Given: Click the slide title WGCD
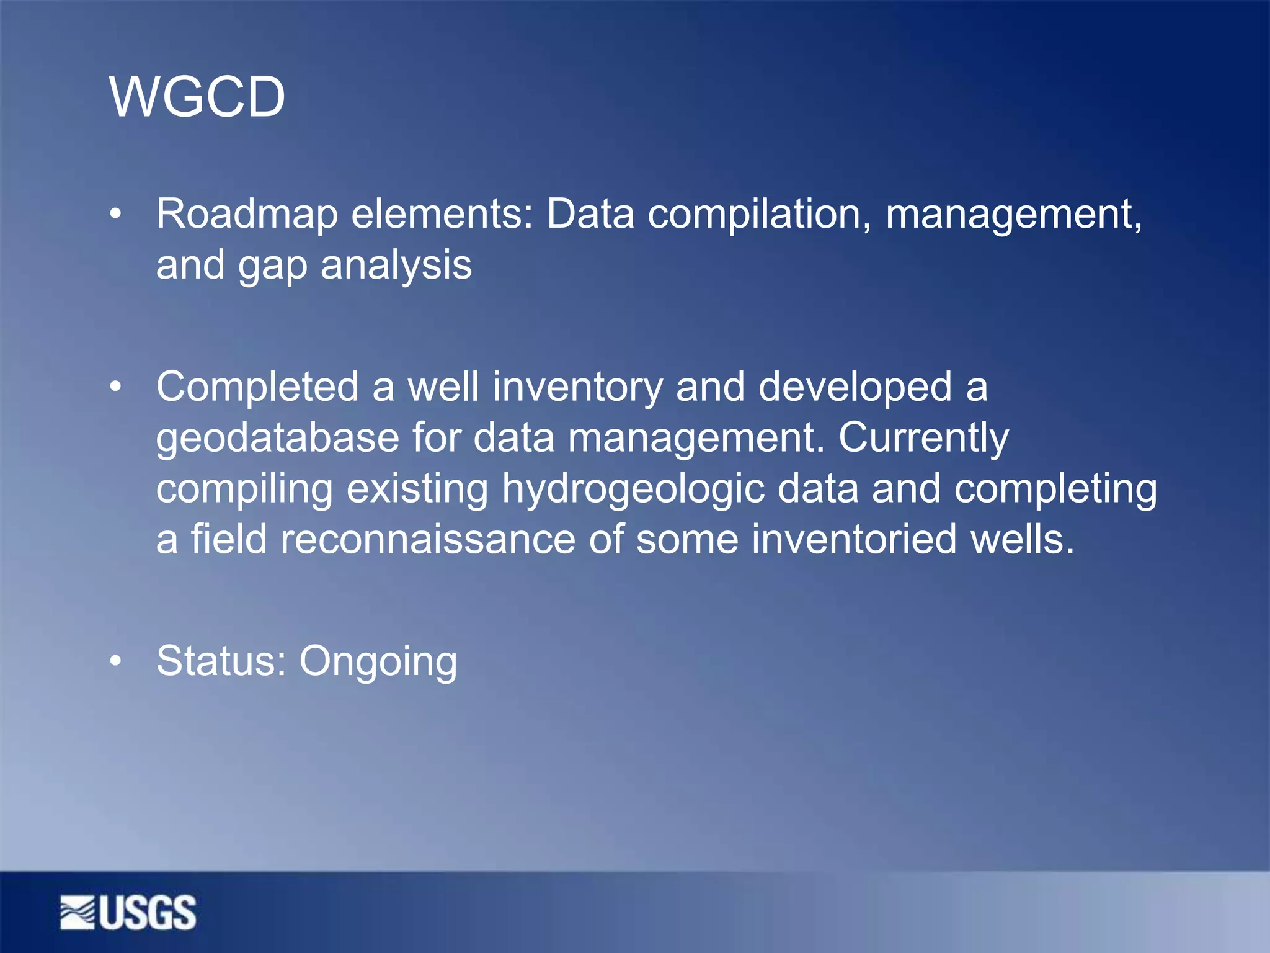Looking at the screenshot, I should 197,97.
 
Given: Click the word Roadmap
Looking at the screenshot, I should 247,214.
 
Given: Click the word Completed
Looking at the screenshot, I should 257,388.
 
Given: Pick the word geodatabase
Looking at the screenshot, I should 277,438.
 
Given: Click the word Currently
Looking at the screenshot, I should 923,438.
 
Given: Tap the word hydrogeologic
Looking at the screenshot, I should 633,490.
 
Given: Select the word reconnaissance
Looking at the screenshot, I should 428,539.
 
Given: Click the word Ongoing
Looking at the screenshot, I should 378,662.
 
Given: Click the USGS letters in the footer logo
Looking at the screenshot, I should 148,913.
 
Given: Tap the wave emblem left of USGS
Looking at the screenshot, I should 78,913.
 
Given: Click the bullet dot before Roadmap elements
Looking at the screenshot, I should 115,215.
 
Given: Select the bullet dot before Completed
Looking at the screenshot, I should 115,388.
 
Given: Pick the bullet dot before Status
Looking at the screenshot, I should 115,661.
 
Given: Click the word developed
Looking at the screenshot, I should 855,388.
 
